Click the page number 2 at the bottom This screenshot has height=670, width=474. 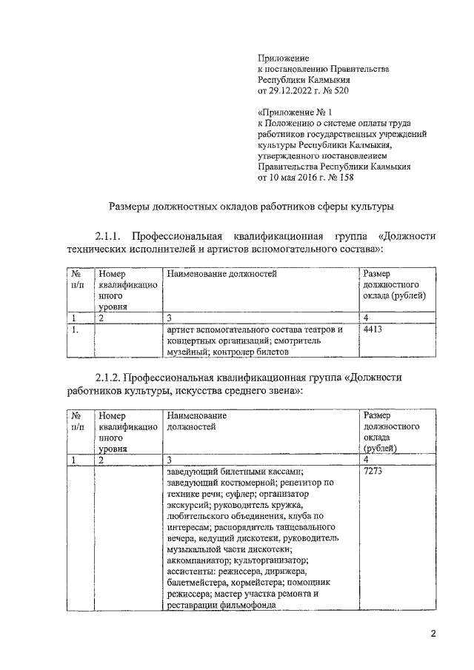coord(434,633)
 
